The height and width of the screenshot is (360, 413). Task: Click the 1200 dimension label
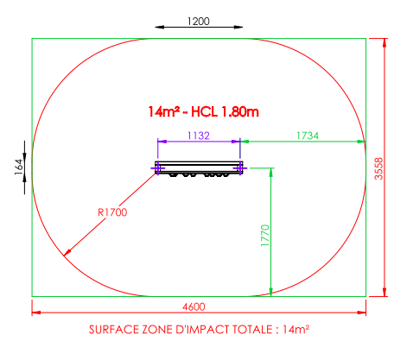click(199, 22)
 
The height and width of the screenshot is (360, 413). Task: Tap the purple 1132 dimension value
click(199, 136)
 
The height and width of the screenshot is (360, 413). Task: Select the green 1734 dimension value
click(308, 136)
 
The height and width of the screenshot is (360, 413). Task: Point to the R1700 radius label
click(112, 212)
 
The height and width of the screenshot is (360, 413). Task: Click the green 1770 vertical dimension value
click(265, 236)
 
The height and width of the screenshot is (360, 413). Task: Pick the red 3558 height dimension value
click(378, 168)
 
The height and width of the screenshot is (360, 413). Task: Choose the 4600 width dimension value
click(194, 306)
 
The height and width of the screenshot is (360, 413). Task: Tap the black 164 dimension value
click(19, 167)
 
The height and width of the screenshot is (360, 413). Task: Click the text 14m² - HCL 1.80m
click(203, 111)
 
